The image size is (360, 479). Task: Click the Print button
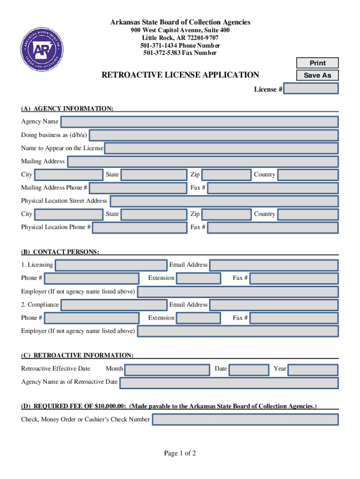(x=317, y=63)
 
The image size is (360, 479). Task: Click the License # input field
(x=310, y=89)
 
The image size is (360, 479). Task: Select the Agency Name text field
(x=199, y=122)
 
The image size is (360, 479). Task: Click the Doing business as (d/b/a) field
(x=213, y=135)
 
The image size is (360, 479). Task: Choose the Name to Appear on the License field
(x=221, y=148)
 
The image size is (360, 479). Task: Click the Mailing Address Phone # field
(x=138, y=188)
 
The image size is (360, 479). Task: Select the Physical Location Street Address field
(x=224, y=201)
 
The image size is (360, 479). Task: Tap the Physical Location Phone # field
(x=140, y=227)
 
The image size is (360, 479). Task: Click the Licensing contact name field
(x=110, y=265)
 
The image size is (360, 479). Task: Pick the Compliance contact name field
(x=114, y=305)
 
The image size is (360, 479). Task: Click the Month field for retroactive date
(x=167, y=369)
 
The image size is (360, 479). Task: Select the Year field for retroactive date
(x=312, y=369)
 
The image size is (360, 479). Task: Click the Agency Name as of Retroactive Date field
(x=229, y=382)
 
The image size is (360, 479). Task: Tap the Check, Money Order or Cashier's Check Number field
(x=245, y=420)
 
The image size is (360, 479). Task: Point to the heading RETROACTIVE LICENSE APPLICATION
(x=180, y=75)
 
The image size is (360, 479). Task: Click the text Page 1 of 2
(x=180, y=453)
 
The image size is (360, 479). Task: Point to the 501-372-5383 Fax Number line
(x=180, y=53)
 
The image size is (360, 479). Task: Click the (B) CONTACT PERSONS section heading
(x=60, y=252)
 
